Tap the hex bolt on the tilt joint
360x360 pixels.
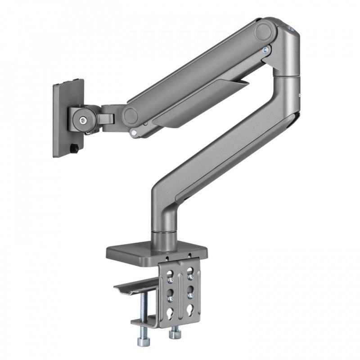[x=82, y=121]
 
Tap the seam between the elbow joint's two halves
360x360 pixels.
[x=288, y=75]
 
